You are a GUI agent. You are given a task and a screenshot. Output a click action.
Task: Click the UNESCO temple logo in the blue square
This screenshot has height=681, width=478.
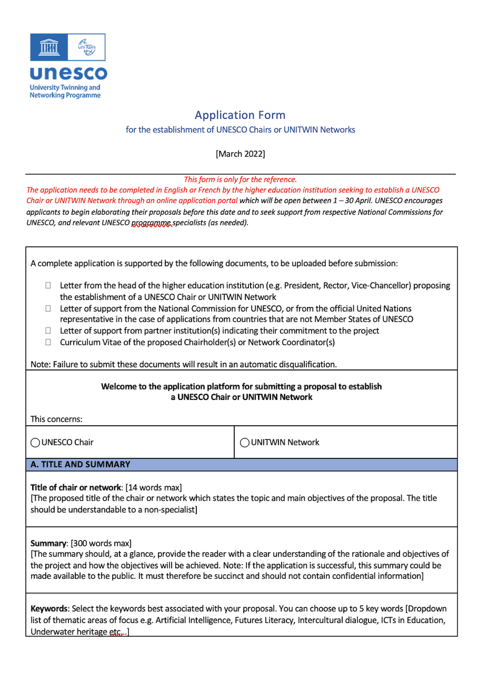49,47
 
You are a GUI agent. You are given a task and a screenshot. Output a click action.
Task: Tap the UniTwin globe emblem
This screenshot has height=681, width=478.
86,47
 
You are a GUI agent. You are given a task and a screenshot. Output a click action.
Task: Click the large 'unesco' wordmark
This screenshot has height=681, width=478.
69,73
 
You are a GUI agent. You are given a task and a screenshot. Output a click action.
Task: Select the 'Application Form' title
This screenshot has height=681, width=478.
240,115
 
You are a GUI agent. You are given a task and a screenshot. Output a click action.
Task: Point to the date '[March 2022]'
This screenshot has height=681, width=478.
240,154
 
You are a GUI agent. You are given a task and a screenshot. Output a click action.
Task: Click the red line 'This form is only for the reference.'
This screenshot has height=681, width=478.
240,179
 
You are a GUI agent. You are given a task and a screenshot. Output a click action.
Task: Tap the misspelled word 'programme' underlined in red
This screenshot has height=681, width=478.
151,223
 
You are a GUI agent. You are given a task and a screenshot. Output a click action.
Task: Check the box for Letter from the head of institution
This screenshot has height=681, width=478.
48,285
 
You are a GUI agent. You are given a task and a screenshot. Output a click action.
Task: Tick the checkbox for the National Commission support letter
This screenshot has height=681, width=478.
48,308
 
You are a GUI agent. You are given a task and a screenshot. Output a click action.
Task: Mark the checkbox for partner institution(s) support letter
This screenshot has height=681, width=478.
48,331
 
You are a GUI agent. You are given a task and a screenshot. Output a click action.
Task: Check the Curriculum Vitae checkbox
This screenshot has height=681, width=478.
48,342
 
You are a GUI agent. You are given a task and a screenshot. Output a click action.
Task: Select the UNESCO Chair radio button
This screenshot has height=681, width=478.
35,442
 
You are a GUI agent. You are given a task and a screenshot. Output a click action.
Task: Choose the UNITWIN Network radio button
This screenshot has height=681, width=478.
245,442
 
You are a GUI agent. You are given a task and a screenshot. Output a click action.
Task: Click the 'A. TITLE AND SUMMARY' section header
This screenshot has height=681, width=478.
80,464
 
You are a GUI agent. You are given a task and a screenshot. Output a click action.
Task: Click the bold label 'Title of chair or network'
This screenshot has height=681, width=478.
76,487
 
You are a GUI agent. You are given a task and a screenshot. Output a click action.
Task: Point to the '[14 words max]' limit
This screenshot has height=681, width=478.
154,487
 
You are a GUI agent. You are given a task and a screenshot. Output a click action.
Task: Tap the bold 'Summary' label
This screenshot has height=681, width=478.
48,543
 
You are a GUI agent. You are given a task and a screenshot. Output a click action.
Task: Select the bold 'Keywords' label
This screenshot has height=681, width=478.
49,609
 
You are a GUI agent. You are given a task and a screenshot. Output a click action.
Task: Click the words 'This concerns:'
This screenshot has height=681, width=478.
57,419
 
